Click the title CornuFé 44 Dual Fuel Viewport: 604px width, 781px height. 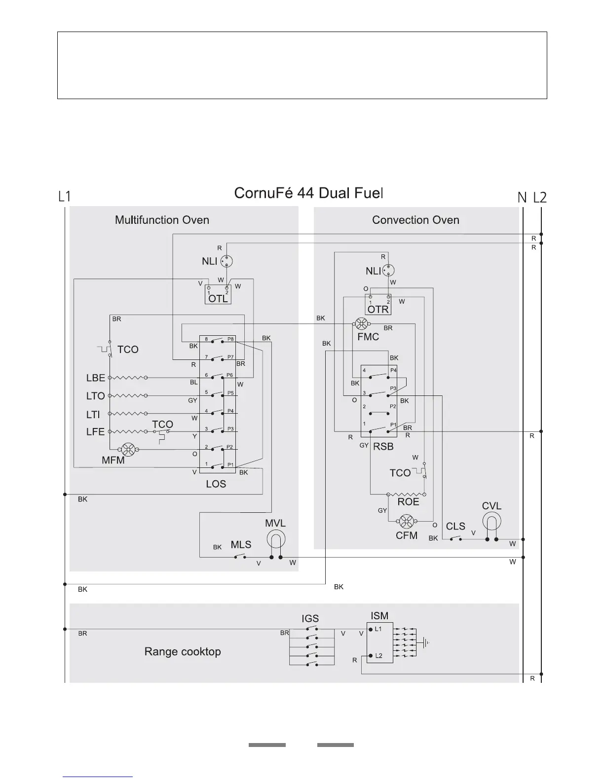pyautogui.click(x=308, y=193)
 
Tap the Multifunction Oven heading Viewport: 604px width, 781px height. pyautogui.click(x=162, y=220)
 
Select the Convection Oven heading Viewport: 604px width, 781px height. pyautogui.click(x=415, y=220)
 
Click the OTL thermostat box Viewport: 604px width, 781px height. pyautogui.click(x=218, y=294)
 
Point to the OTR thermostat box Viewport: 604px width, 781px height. pyautogui.click(x=378, y=305)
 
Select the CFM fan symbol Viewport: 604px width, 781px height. pyautogui.click(x=406, y=521)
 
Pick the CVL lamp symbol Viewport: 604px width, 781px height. pyautogui.click(x=491, y=521)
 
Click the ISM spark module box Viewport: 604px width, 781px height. pyautogui.click(x=379, y=642)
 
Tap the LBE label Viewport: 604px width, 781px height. pyautogui.click(x=96, y=378)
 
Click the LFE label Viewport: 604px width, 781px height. pyautogui.click(x=95, y=432)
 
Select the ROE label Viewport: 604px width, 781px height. pyautogui.click(x=408, y=501)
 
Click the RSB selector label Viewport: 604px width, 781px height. pyautogui.click(x=383, y=446)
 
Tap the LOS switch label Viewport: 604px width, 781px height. pyautogui.click(x=216, y=484)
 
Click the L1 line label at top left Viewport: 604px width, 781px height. pyautogui.click(x=65, y=197)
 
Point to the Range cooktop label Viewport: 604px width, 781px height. pyautogui.click(x=183, y=651)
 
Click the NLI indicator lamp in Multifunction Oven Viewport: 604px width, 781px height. pyautogui.click(x=226, y=261)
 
